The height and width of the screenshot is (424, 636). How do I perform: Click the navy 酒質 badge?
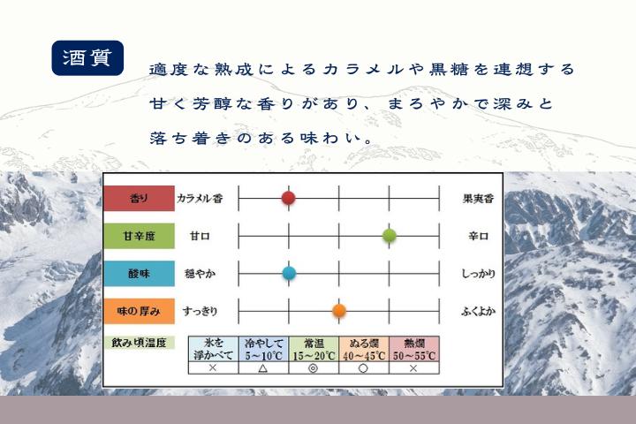tap(87, 58)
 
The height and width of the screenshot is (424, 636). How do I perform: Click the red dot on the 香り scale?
tap(288, 198)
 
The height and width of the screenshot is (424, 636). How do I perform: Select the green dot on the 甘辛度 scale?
tap(390, 235)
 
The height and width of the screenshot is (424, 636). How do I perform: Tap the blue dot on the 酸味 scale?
tap(289, 273)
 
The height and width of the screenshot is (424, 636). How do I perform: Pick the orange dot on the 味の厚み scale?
tap(339, 311)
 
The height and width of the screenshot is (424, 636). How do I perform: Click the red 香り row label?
tap(140, 199)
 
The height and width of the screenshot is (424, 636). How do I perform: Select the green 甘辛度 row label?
tap(140, 236)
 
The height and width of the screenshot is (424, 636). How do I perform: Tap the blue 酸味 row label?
tap(140, 274)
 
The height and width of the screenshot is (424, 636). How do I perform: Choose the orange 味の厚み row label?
tap(140, 311)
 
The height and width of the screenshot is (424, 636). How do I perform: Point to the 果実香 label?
tap(478, 199)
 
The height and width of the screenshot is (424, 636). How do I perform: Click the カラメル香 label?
tap(200, 199)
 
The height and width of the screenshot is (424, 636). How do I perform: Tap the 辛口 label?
tap(478, 236)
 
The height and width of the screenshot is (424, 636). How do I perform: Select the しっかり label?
tap(479, 274)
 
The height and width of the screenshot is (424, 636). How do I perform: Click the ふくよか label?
tap(479, 311)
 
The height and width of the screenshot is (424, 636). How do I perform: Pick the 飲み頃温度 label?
tap(140, 343)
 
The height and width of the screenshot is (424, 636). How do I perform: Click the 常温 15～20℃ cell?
tap(314, 349)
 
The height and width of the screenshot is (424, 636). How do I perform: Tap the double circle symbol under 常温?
tap(313, 368)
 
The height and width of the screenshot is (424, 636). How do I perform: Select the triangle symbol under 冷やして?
tap(263, 368)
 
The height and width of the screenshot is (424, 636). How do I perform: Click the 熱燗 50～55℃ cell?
tap(414, 349)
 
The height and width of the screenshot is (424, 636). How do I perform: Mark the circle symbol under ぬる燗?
tap(363, 368)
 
